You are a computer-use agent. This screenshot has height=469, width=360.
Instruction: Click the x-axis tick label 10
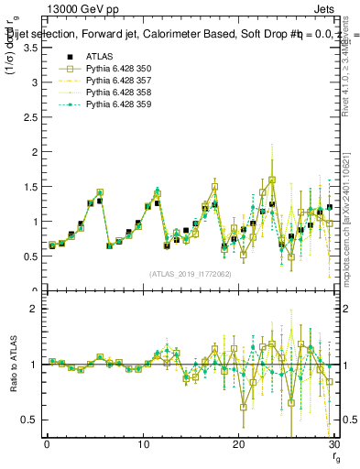point(142,446)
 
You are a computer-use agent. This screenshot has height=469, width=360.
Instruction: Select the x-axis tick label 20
point(238,446)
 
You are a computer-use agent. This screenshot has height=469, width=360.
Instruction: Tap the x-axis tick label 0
point(47,446)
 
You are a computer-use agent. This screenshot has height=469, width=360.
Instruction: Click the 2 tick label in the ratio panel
point(34,310)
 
